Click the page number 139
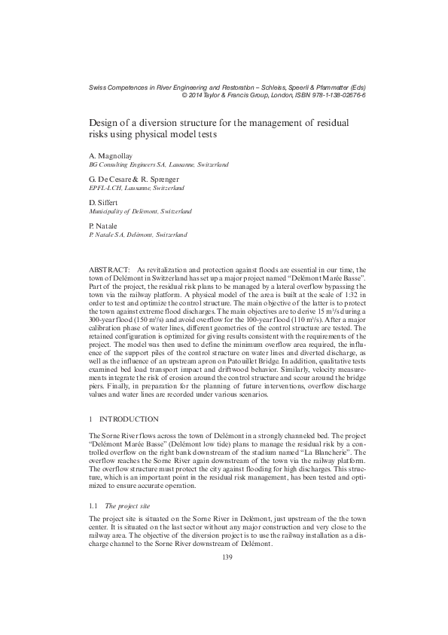(224, 557)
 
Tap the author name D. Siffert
(103, 203)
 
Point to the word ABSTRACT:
(110, 269)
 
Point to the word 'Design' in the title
(106, 122)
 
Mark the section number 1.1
(93, 487)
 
